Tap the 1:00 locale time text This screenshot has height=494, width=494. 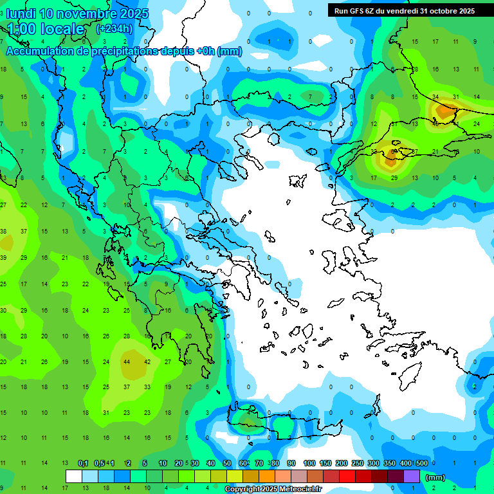coord(46,29)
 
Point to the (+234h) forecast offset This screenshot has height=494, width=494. coord(114,29)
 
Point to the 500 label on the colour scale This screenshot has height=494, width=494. coord(422,464)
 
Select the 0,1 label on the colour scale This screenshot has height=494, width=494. coord(82,464)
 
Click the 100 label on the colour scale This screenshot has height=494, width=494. coord(309,464)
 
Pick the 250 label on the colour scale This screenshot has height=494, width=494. coord(358,464)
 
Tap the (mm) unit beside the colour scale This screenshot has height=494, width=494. coord(435,477)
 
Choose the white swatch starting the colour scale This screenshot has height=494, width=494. coord(74,477)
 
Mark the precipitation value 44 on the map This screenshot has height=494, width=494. coord(127,362)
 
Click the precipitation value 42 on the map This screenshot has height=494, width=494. coord(147,362)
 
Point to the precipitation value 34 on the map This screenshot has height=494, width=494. coord(435,97)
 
